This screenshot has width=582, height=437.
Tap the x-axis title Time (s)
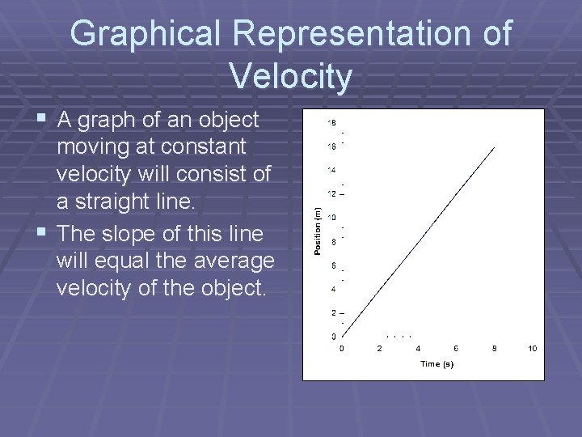pyautogui.click(x=436, y=364)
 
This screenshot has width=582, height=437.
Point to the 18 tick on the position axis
pyautogui.click(x=331, y=123)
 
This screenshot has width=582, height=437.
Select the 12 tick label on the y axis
pyautogui.click(x=331, y=193)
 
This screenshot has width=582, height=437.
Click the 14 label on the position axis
pyautogui.click(x=331, y=170)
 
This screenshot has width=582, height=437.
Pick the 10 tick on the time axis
pyautogui.click(x=532, y=349)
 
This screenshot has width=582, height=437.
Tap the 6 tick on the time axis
pyautogui.click(x=456, y=349)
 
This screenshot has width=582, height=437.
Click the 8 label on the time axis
pyautogui.click(x=494, y=349)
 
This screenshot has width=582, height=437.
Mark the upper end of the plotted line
pyautogui.click(x=495, y=146)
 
